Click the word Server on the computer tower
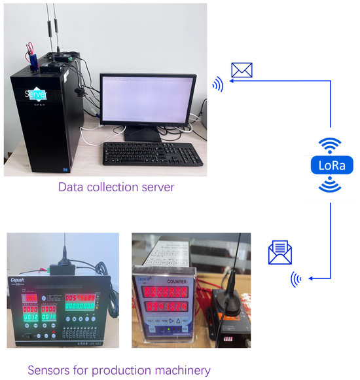pos(36,94)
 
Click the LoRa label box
pos(331,164)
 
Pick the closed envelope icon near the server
pos(242,69)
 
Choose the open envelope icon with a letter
pos(279,252)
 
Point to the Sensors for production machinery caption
pos(118,370)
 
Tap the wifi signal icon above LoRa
pos(331,144)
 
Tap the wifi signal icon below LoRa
pos(331,185)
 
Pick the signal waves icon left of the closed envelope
pos(217,84)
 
